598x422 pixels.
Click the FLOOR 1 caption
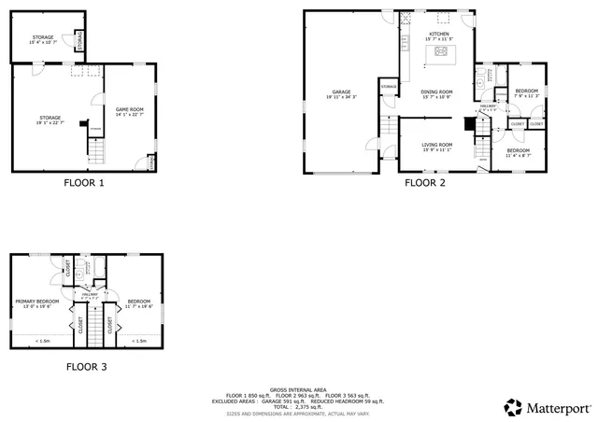click(83, 183)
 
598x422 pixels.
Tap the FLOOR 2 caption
click(424, 183)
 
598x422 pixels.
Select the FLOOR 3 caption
click(86, 367)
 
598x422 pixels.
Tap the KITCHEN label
click(439, 35)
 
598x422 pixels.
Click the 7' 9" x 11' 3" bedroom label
click(526, 92)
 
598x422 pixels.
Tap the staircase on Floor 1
click(94, 147)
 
